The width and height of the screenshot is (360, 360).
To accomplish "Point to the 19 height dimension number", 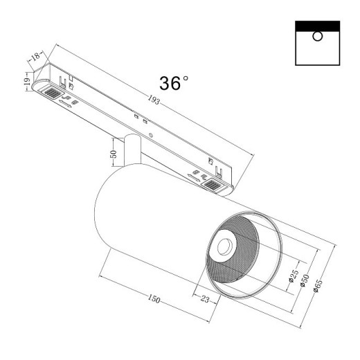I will tap(26, 82).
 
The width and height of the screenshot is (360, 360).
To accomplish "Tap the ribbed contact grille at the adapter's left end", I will tap(51, 91).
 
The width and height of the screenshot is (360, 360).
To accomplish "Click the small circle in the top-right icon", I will tap(317, 37).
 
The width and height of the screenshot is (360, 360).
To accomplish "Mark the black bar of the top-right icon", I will tap(317, 26).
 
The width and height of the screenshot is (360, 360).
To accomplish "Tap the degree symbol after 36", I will tap(186, 78).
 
